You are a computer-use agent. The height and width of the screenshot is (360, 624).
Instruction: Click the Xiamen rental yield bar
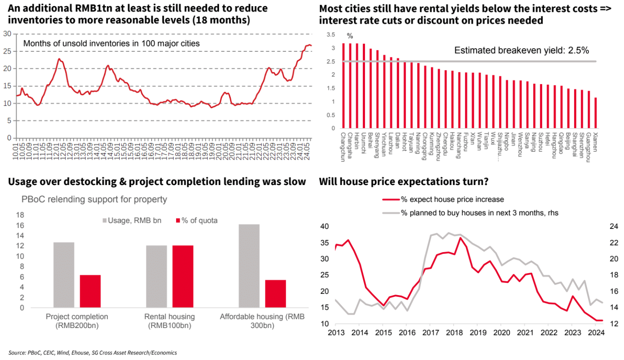coord(596,113)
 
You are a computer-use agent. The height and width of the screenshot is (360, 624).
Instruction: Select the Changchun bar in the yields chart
coord(343,86)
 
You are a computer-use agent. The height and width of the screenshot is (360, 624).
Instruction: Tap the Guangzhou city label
coord(589,147)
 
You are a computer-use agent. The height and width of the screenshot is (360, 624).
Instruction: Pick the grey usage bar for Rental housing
coord(156,277)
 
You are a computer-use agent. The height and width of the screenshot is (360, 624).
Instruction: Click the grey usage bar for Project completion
coord(64,275)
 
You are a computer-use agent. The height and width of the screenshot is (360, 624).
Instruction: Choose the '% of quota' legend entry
coord(196,221)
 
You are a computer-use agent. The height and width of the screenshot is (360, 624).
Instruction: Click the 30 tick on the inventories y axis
coord(7,34)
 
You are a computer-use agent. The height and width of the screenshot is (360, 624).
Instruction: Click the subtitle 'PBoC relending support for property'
coord(94,200)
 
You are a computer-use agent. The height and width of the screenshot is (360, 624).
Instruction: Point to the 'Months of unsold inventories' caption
coord(111,43)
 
